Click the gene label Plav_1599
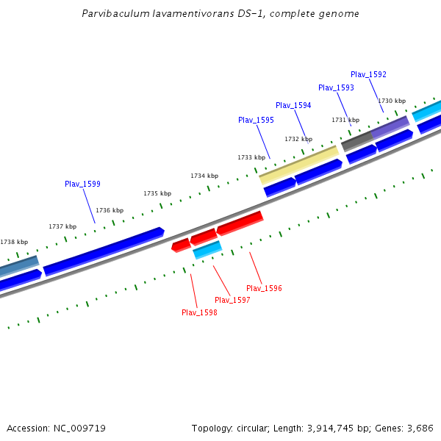pos(82,184)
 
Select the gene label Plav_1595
pos(256,120)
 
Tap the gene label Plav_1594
pos(293,105)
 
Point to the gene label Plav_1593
pos(336,87)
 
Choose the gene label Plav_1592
pos(368,74)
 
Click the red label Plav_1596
pos(264,288)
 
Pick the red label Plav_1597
pos(232,300)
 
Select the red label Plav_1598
pos(199,312)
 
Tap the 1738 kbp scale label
pos(14,242)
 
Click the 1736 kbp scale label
pos(110,210)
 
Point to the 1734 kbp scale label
pos(204,176)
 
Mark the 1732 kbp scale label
pos(298,139)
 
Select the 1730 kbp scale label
pos(392,101)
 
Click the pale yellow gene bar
pos(298,165)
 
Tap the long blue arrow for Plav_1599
pos(104,251)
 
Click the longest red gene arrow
pos(240,222)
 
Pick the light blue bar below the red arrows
pos(207,250)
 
